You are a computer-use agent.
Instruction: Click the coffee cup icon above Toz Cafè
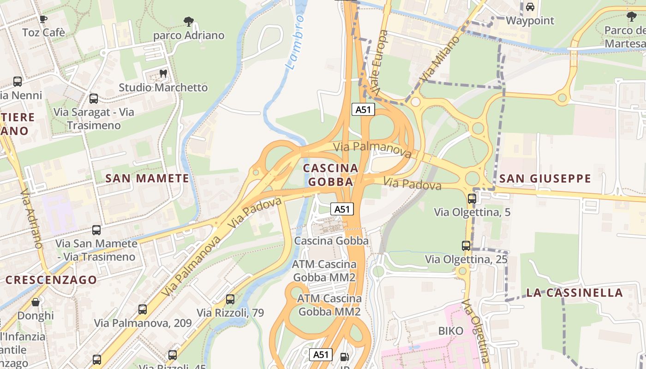tap(43, 19)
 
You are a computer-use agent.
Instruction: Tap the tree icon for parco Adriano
tap(188, 21)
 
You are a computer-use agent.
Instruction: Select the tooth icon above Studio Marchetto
tap(163, 73)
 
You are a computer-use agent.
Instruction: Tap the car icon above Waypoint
tap(530, 7)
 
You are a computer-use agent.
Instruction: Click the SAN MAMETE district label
tap(147, 179)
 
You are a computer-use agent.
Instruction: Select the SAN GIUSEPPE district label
tap(545, 179)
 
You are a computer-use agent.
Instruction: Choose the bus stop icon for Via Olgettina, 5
tap(472, 199)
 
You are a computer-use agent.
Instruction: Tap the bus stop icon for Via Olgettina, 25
tap(466, 246)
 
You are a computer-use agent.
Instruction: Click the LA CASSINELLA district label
tap(574, 292)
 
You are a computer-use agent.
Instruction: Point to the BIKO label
tap(450, 331)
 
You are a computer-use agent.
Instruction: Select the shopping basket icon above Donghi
tap(36, 303)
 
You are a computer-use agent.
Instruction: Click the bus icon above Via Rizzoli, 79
tap(230, 299)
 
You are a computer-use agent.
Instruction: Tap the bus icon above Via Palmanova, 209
tap(143, 309)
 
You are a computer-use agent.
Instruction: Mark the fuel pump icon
tap(344, 357)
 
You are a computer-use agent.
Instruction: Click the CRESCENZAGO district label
tap(51, 280)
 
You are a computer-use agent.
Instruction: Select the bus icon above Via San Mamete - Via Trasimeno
tap(96, 230)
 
